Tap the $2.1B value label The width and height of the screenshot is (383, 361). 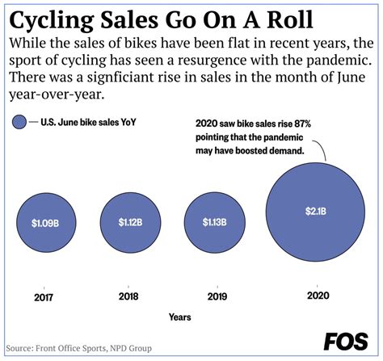(x=316, y=212)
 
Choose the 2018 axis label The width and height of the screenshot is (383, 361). (x=130, y=297)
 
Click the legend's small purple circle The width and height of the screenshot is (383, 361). (x=19, y=123)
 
